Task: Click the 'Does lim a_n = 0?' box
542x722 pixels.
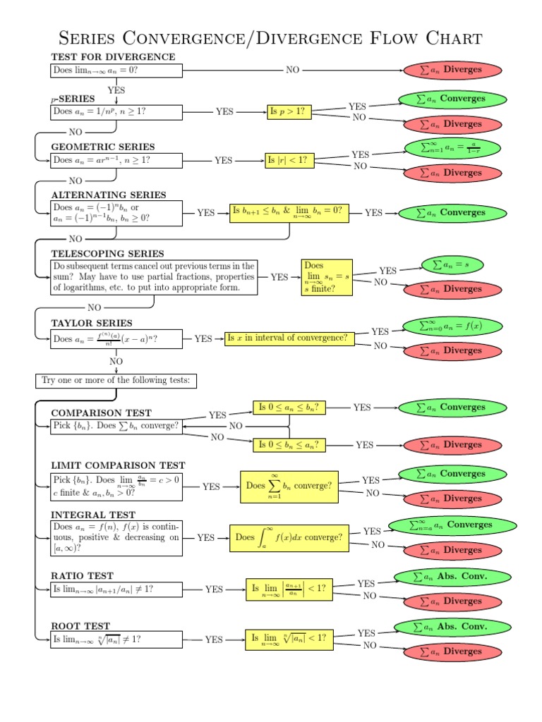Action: [116, 71]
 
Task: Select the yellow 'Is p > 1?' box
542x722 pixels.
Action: [288, 111]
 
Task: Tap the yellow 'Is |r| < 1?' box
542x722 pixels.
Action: [288, 160]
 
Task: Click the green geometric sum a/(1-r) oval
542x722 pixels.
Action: [452, 147]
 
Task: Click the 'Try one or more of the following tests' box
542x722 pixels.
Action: [116, 381]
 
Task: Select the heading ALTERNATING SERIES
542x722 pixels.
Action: [109, 195]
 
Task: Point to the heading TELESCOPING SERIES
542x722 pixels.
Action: [107, 253]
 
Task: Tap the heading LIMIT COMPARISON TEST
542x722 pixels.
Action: [118, 465]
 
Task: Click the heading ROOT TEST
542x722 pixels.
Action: [80, 625]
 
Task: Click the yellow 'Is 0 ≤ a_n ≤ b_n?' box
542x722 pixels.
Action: [289, 407]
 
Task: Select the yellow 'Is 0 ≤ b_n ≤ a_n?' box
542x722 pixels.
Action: [289, 444]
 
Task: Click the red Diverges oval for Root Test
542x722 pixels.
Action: [452, 651]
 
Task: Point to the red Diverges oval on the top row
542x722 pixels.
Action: [452, 70]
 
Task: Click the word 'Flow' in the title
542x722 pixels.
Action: [390, 37]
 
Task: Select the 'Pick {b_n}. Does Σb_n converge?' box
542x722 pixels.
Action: [116, 426]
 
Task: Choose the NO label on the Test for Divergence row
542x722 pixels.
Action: [292, 70]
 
